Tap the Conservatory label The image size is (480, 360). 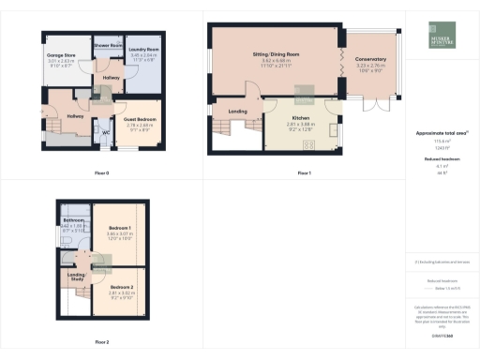click(x=372, y=59)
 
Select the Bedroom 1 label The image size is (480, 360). click(x=120, y=228)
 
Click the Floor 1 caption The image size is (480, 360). click(x=303, y=173)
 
